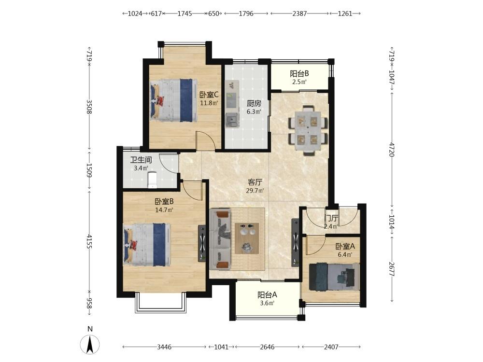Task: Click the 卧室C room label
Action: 209,95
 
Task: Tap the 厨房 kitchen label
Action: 254,103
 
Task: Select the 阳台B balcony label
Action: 299,73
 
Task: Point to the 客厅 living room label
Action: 255,182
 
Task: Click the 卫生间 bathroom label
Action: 141,160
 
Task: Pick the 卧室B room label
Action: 164,201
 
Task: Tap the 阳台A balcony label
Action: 268,294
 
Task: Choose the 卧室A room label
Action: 345,246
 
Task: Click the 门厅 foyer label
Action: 331,219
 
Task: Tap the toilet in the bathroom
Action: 152,180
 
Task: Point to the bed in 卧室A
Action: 334,277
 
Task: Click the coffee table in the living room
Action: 247,238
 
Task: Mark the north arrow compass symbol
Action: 90,344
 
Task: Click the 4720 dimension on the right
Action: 392,149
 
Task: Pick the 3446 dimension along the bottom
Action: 164,347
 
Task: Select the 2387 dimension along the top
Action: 299,14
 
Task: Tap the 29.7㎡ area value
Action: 255,191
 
